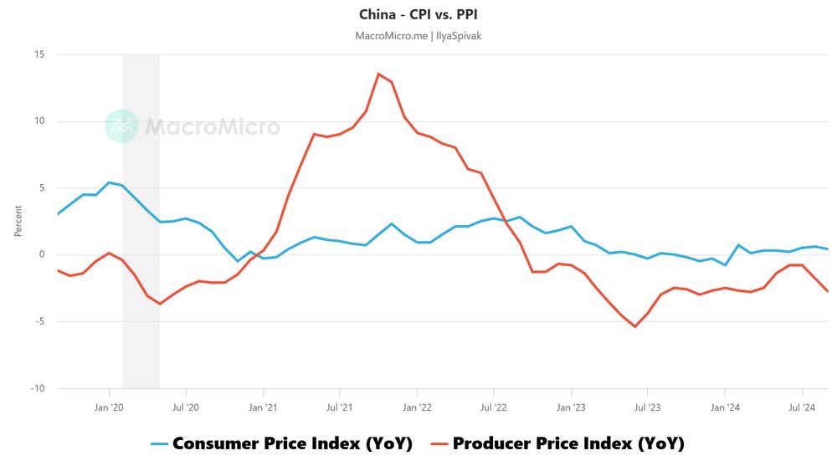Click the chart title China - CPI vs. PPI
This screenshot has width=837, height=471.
click(x=418, y=14)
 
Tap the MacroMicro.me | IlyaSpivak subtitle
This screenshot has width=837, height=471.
click(x=418, y=35)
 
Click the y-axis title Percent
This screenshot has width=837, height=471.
click(x=18, y=221)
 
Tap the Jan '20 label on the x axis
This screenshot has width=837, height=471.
click(x=109, y=407)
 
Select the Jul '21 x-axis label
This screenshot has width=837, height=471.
click(x=339, y=407)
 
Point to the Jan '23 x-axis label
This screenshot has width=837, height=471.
click(x=571, y=407)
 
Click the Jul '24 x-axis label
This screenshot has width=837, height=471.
click(x=803, y=407)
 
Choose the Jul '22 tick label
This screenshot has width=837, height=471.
click(x=493, y=407)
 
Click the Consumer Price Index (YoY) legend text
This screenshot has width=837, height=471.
click(x=292, y=443)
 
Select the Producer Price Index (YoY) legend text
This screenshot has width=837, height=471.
click(x=568, y=443)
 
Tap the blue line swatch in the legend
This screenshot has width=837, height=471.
click(x=159, y=444)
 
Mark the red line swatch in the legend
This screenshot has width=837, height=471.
click(x=439, y=444)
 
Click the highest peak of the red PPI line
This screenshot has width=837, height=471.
click(x=378, y=74)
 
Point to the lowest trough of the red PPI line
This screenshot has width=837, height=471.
click(x=634, y=326)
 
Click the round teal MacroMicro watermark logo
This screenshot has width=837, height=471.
click(x=121, y=126)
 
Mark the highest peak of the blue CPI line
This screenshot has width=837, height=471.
click(x=109, y=182)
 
